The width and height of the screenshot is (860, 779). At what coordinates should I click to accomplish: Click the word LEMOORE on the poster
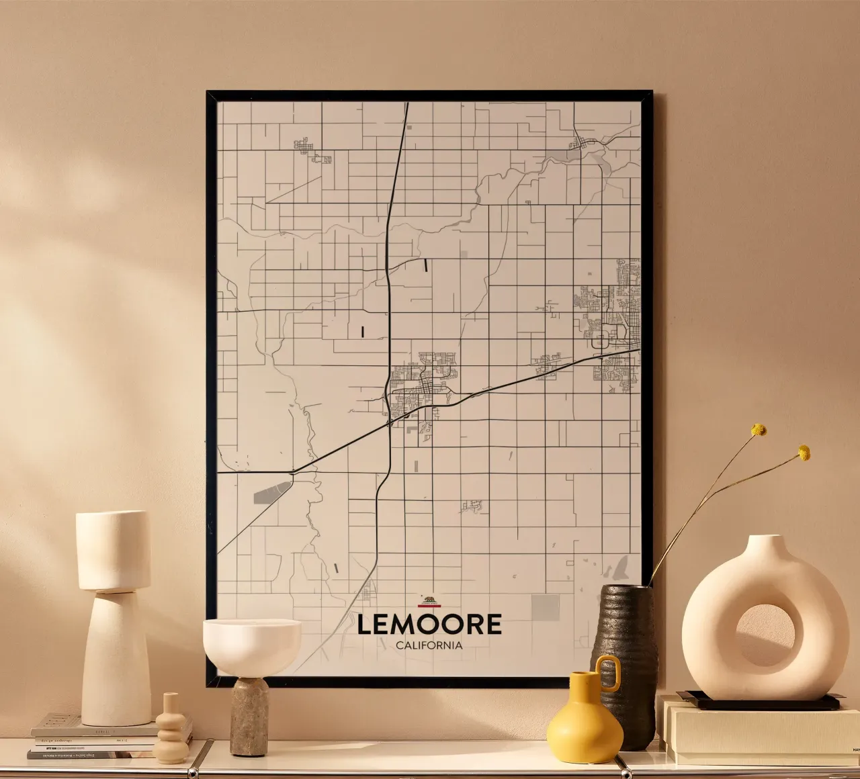429,625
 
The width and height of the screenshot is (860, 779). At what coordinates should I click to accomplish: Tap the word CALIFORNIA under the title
429,645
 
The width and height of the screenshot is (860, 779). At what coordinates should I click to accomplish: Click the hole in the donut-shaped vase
765,635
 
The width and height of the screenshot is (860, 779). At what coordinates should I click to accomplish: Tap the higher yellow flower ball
759,430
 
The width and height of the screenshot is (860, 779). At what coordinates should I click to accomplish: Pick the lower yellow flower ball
804,453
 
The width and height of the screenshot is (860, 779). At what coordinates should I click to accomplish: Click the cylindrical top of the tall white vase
113,551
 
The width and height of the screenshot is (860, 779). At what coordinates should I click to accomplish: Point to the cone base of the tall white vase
116,661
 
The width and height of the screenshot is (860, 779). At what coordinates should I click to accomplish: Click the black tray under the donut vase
759,702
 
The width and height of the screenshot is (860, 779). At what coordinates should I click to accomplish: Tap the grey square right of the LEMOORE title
545,607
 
